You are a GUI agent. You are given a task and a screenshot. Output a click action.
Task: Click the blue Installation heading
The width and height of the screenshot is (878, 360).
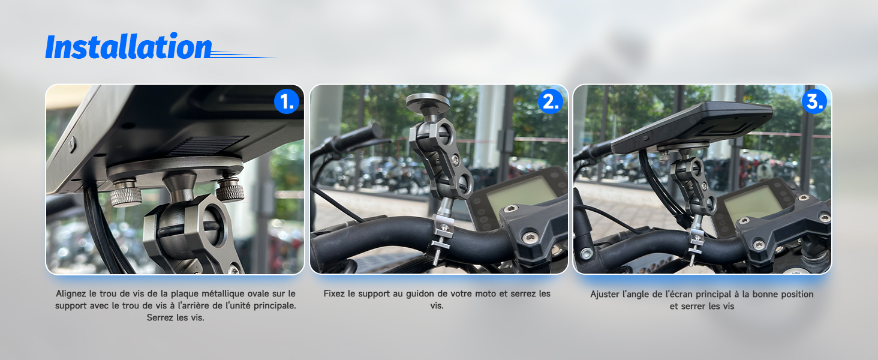coord(128,46)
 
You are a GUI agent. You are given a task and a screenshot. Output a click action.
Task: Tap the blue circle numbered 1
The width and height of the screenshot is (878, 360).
coord(287,101)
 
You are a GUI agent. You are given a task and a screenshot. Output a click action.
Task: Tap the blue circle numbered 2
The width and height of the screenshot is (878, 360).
coord(551,101)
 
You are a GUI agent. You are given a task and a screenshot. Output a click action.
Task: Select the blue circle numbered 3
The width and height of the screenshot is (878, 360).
coord(814,101)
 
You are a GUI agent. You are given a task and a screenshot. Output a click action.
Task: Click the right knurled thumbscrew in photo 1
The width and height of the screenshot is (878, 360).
coord(230,188)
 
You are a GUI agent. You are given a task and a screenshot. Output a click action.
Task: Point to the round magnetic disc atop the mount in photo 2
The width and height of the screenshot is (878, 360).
coord(428,102)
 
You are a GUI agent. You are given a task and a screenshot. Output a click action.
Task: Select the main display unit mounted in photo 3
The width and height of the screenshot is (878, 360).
coord(692,125)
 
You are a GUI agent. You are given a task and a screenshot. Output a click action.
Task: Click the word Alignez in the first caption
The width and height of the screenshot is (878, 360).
coord(71,294)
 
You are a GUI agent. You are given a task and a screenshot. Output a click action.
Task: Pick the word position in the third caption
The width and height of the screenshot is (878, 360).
coord(797,295)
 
